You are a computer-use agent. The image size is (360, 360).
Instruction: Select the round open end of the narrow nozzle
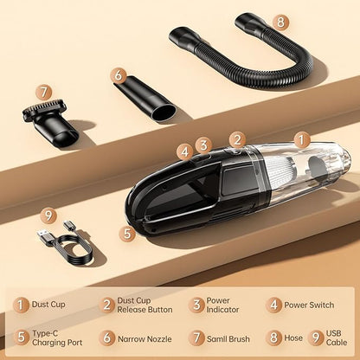coord(164,113)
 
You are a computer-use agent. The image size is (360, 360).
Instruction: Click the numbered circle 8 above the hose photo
coord(280,22)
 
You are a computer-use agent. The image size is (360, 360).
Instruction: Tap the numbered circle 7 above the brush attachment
coord(44,93)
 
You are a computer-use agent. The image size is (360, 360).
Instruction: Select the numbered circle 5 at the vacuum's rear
coord(127,234)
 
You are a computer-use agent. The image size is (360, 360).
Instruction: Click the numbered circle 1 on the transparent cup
coord(301,140)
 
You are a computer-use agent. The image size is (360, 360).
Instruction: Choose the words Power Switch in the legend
coord(309,305)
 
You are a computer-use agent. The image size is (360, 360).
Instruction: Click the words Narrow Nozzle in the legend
coord(145,339)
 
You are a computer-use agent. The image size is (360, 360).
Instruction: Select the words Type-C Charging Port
coord(57,337)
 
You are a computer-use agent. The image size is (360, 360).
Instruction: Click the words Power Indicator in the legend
coord(222,305)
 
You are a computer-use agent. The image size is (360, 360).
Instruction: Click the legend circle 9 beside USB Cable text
coord(316,337)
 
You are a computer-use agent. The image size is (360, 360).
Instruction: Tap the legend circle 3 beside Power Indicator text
coord(196,305)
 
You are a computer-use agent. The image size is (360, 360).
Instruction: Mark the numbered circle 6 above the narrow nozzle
coord(119,75)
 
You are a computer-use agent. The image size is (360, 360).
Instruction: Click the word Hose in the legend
coord(293,337)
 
